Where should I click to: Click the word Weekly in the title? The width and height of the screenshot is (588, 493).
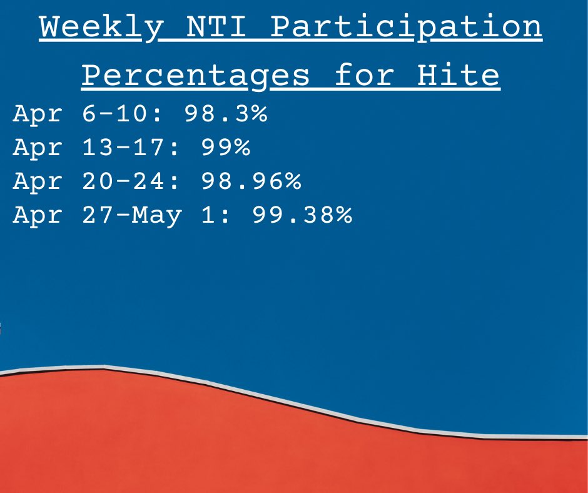101,27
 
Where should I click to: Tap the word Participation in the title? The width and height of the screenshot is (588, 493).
406,28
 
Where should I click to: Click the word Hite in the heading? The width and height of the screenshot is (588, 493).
458,74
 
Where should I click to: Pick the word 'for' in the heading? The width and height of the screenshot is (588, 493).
364,74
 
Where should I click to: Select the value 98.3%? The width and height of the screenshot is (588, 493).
226,113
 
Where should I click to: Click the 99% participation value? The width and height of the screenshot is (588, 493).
226,147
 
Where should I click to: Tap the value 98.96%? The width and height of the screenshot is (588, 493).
251,181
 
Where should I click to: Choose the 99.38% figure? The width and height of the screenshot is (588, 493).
302,215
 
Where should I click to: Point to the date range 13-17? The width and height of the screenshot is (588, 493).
123,147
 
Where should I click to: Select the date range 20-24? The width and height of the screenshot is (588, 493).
123,181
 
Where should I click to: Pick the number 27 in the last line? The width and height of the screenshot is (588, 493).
98,215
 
